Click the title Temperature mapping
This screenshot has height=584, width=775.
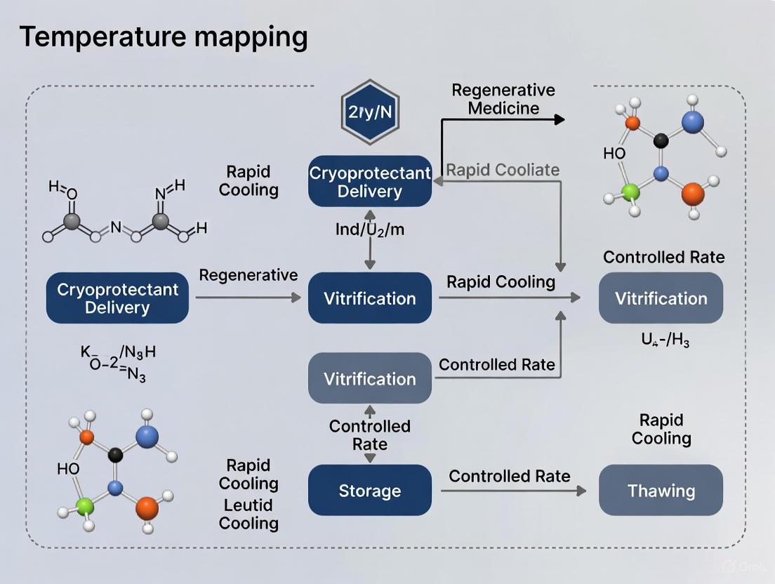pyautogui.click(x=163, y=36)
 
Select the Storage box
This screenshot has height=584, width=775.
pyautogui.click(x=370, y=490)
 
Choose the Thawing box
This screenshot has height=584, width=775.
pyautogui.click(x=661, y=490)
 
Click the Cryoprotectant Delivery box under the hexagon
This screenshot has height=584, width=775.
pyautogui.click(x=370, y=181)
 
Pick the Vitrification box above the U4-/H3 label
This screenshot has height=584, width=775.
pyautogui.click(x=661, y=298)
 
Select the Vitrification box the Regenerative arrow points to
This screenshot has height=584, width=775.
pyautogui.click(x=370, y=298)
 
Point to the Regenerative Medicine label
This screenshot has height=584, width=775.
pyautogui.click(x=503, y=99)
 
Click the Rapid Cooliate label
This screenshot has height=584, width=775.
pyautogui.click(x=503, y=170)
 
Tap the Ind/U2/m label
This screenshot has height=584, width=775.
pyautogui.click(x=370, y=230)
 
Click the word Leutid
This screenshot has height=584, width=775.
pyautogui.click(x=248, y=505)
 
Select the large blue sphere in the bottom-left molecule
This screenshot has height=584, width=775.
pyautogui.click(x=147, y=437)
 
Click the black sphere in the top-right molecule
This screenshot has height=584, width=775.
pyautogui.click(x=660, y=140)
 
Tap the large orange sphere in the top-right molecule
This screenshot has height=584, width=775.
pyautogui.click(x=692, y=192)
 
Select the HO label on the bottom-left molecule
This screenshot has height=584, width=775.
pyautogui.click(x=69, y=469)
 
